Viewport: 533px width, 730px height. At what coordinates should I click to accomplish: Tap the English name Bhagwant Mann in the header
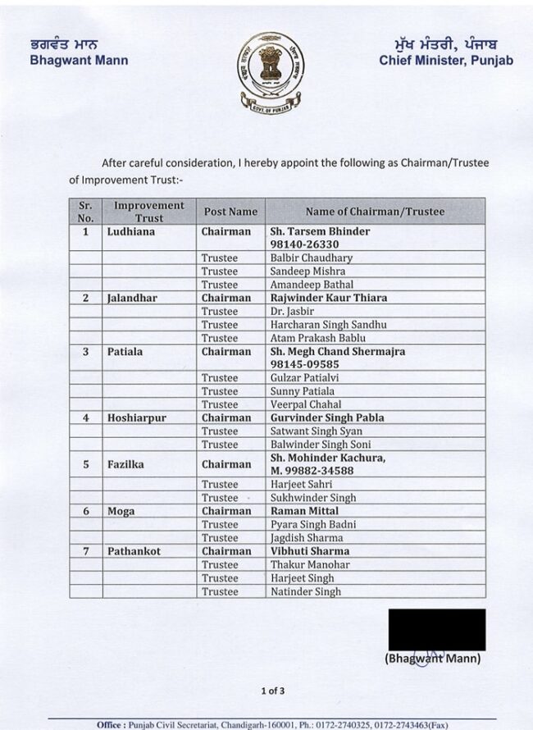pos(79,60)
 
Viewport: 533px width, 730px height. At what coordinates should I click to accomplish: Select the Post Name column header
pos(230,212)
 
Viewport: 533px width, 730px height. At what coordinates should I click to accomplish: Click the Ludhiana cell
pos(131,231)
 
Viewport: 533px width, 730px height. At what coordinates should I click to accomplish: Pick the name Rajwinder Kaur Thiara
pos(329,298)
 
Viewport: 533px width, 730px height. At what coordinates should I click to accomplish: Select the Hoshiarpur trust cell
pos(137,417)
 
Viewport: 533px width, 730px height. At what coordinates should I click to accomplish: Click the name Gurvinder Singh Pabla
pos(327,417)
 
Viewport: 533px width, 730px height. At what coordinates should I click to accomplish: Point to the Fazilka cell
pos(125,464)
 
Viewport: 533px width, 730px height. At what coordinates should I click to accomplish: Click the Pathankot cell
pos(134,551)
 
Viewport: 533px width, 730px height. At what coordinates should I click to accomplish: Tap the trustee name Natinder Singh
pos(306,591)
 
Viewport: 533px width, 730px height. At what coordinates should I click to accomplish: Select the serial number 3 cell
pos(85,351)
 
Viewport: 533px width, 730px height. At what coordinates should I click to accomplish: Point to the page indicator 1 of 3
pos(273,691)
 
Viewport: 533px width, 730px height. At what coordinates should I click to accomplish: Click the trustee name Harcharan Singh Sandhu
pos(329,325)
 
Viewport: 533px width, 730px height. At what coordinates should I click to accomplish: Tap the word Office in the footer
pos(112,725)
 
